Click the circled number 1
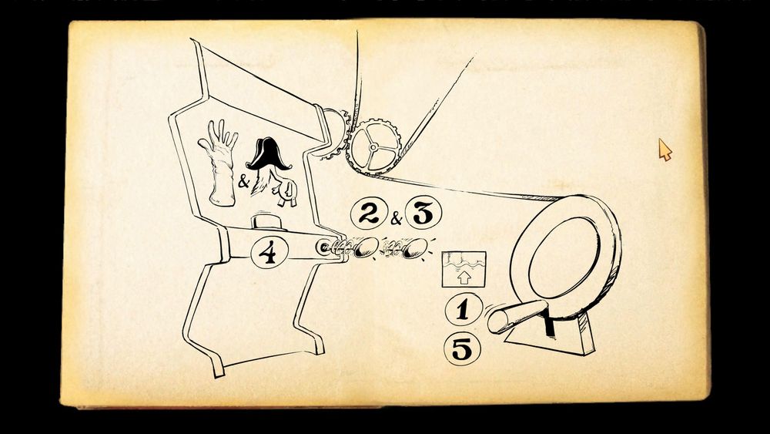point(463,310)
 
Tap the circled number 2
point(369,213)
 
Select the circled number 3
point(423,212)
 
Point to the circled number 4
point(269,253)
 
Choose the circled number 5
point(461,349)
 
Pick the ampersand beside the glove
point(243,182)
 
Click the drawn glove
point(218,163)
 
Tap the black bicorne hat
point(268,153)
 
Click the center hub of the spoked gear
point(373,147)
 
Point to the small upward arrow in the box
point(464,278)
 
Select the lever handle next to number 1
point(517,317)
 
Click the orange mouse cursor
point(665,150)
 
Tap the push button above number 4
point(269,222)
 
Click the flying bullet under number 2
point(367,247)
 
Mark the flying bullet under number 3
point(415,247)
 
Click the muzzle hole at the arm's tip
point(323,247)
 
